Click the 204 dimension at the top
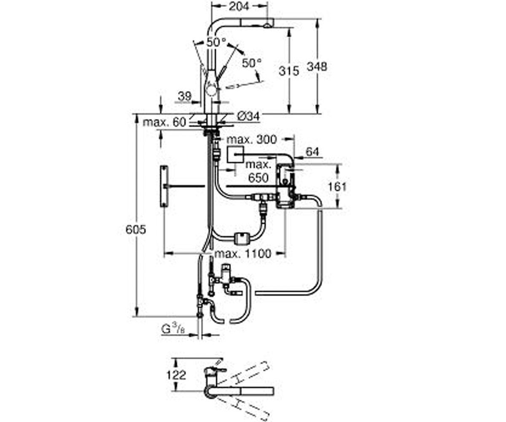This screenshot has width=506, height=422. pyautogui.click(x=239, y=7)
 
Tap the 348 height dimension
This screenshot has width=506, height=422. pyautogui.click(x=317, y=66)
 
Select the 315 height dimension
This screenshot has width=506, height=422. pyautogui.click(x=289, y=71)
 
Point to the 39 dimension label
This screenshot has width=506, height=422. pyautogui.click(x=185, y=96)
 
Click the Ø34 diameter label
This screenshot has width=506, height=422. pyautogui.click(x=248, y=116)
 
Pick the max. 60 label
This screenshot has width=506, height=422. pyautogui.click(x=164, y=122)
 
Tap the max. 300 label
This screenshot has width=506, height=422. pyautogui.click(x=252, y=139)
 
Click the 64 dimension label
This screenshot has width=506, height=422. pyautogui.click(x=312, y=152)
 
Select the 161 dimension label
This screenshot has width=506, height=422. pyautogui.click(x=337, y=187)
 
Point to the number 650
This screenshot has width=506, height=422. pyautogui.click(x=258, y=178)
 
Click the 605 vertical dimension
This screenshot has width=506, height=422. pyautogui.click(x=136, y=230)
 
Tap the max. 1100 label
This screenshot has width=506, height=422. pyautogui.click(x=242, y=254)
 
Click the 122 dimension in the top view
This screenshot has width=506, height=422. pyautogui.click(x=176, y=375)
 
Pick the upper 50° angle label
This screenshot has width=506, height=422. pyautogui.click(x=216, y=43)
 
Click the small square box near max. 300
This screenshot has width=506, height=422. pyautogui.click(x=235, y=154)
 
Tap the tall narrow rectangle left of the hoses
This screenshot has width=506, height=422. pyautogui.click(x=164, y=186)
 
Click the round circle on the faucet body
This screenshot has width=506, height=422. pyautogui.click(x=211, y=92)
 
